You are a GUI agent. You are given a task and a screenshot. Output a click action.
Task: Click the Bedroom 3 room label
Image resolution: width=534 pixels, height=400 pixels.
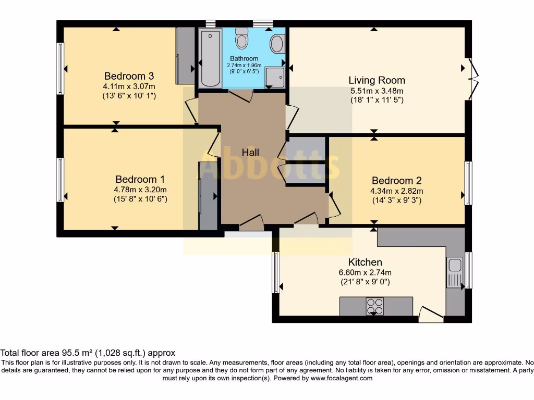[129, 76]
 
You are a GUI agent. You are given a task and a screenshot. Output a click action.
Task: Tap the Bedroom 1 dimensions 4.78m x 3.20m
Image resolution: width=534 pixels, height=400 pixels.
[140, 190]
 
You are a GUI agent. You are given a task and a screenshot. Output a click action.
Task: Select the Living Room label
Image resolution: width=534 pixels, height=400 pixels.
[377, 80]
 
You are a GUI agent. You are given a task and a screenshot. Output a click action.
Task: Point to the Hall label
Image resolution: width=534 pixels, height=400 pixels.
[250, 153]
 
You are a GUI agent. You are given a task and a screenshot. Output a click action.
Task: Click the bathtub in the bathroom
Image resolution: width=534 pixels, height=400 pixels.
[210, 58]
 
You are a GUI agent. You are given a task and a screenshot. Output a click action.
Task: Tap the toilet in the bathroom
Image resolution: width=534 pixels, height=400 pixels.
[242, 38]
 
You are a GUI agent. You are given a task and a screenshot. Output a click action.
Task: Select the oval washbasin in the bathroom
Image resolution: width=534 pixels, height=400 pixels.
[276, 44]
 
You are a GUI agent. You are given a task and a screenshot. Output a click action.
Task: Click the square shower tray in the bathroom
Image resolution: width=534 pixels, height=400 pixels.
[275, 78]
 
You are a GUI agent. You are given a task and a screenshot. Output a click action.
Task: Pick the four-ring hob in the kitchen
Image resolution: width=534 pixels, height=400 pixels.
[374, 306]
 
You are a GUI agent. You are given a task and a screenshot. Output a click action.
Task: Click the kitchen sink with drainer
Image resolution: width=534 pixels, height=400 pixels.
[455, 272]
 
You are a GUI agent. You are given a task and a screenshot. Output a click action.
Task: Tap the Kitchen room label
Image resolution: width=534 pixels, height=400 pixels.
[365, 262]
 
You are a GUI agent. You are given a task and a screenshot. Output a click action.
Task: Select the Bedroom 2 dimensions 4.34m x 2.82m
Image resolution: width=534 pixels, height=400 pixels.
[397, 191]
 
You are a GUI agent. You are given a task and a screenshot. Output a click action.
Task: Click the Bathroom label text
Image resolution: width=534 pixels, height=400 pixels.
[244, 58]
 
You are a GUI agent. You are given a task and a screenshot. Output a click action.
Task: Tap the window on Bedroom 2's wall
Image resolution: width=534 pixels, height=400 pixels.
[468, 183]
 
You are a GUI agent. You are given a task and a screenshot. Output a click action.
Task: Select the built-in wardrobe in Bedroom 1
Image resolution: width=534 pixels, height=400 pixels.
[208, 196]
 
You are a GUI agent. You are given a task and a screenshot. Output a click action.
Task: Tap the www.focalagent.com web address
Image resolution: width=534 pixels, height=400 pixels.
[342, 378]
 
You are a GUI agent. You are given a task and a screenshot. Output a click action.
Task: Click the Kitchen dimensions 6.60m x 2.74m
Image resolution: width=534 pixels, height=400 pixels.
[365, 272]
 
